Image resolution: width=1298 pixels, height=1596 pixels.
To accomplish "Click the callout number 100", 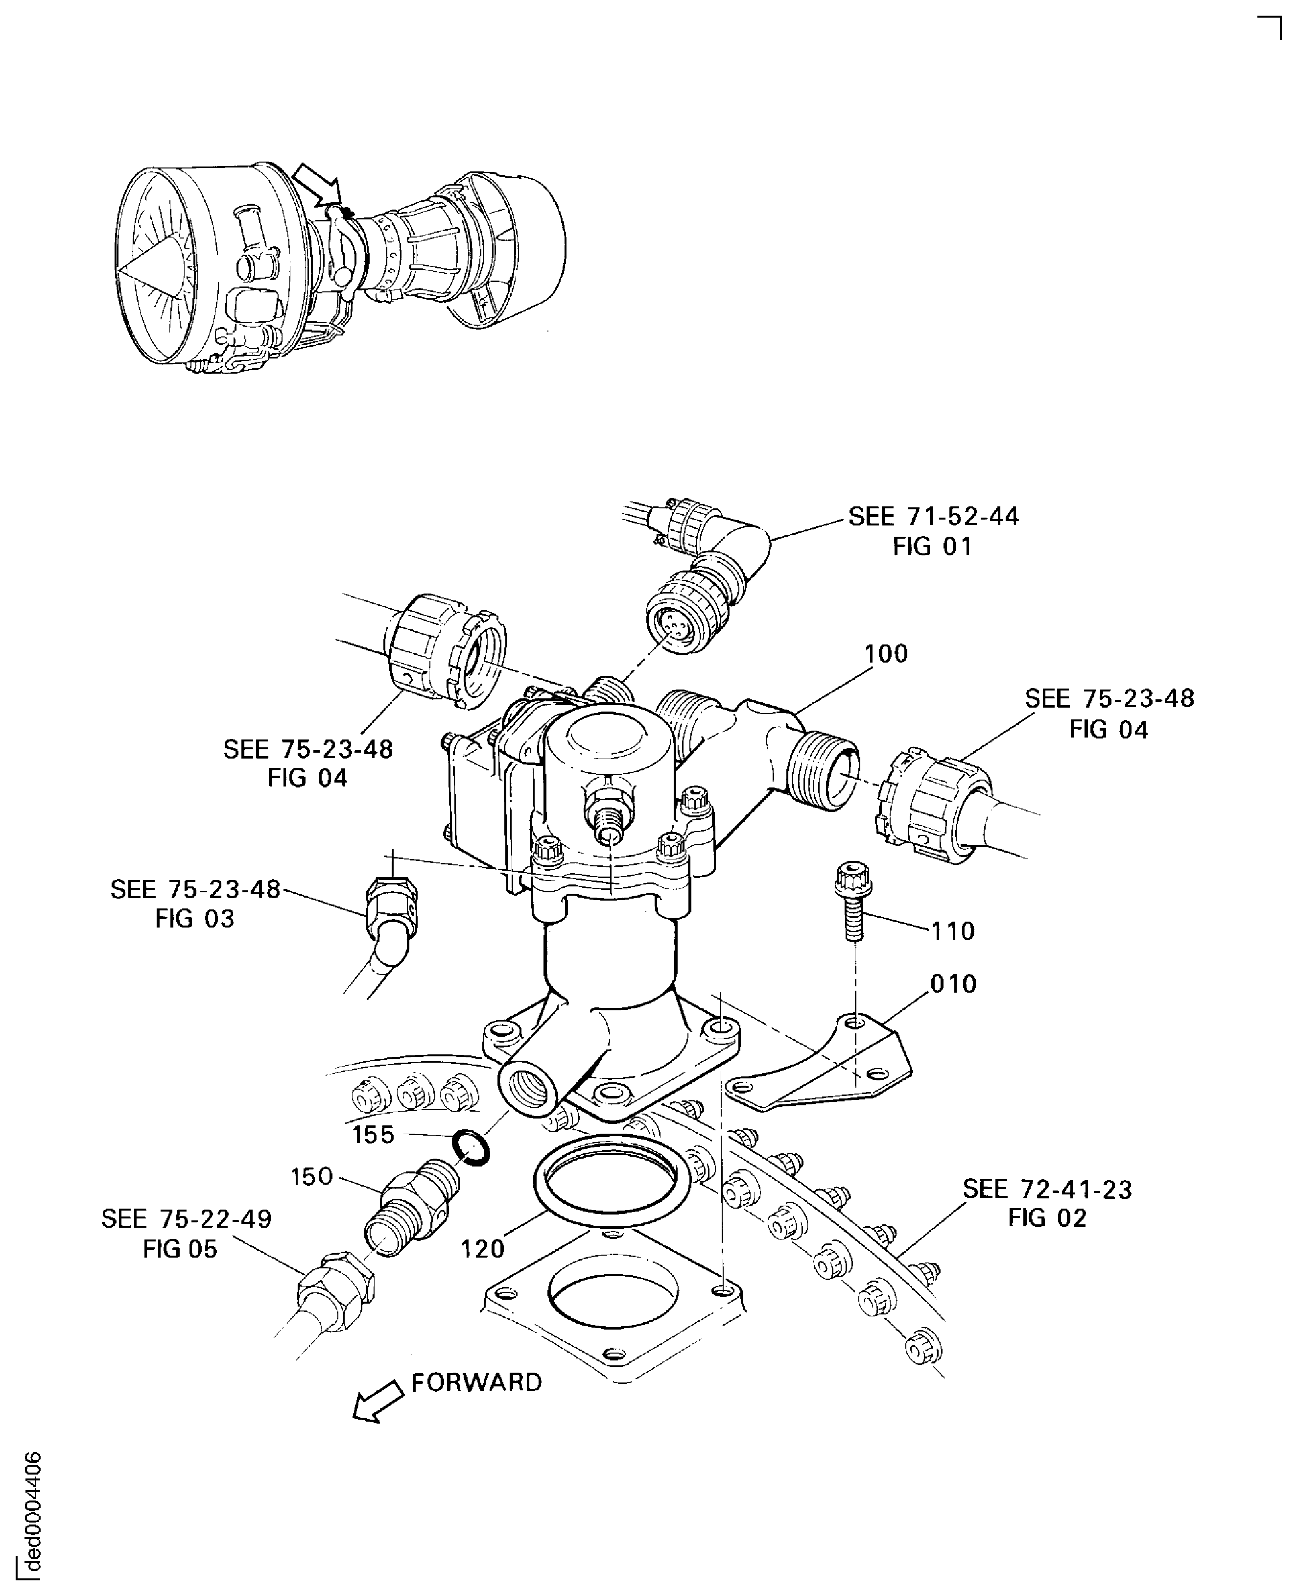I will coord(886,654).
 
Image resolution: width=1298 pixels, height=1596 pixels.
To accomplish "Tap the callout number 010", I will coord(953,983).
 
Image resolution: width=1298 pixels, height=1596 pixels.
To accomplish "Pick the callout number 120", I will coord(482,1248).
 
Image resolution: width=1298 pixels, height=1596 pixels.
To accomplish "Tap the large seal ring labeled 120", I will coord(610,1182).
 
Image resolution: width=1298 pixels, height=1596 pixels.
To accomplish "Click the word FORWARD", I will coord(476,1382).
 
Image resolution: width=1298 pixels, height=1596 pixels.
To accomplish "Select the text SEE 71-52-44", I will coord(933,517).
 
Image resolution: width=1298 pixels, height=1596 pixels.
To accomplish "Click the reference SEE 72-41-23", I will coord(1047,1189).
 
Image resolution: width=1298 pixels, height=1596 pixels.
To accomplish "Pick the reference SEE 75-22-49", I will coord(186,1219).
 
